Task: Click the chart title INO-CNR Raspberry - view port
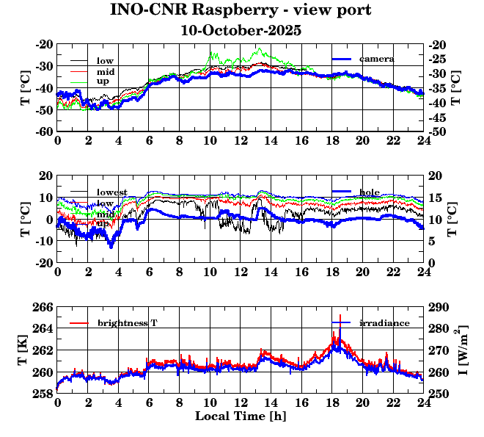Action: pos(241,10)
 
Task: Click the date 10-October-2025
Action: pos(241,32)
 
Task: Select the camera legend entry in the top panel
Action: pos(377,59)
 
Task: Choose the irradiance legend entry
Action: pos(384,322)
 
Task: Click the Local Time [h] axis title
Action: pos(241,416)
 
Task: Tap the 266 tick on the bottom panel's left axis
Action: pos(44,306)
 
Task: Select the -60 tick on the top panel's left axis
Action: pos(43,131)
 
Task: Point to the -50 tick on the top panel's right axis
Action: pos(440,131)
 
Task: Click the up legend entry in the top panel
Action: pos(103,82)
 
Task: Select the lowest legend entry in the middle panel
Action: pos(111,192)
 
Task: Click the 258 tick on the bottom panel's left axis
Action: pos(44,394)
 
